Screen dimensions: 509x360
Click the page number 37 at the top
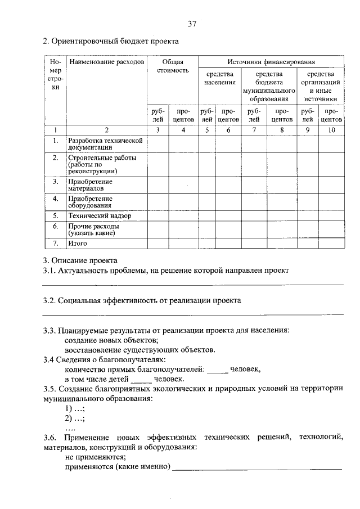pos(192,24)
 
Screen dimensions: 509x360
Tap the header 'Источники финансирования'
pos(271,61)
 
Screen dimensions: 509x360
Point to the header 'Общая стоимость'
pos(173,66)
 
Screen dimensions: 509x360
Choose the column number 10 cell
pos(331,130)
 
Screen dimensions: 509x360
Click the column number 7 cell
pos(254,130)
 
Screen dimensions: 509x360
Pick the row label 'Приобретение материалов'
pos(91,185)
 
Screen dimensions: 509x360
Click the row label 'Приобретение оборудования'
pos(91,202)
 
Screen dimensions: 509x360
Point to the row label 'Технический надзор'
pos(100,215)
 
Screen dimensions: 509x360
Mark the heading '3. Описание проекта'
pos(80,260)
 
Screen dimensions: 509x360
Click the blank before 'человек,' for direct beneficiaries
pos(217,370)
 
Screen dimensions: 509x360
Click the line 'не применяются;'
pos(95,457)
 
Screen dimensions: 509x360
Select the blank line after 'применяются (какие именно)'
pos(257,467)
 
